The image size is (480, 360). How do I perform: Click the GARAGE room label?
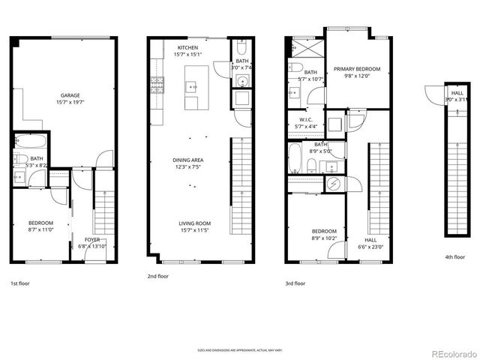tap(70, 95)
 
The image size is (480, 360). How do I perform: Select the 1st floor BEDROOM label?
tap(40, 223)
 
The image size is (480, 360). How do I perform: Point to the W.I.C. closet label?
tap(305, 119)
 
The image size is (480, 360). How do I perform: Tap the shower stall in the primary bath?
tap(305, 51)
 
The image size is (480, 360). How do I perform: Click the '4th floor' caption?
tap(455, 257)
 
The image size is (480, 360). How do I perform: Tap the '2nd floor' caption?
tap(158, 276)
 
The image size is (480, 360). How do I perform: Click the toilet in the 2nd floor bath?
tap(242, 80)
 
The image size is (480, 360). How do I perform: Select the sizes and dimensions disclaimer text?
tap(239, 349)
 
